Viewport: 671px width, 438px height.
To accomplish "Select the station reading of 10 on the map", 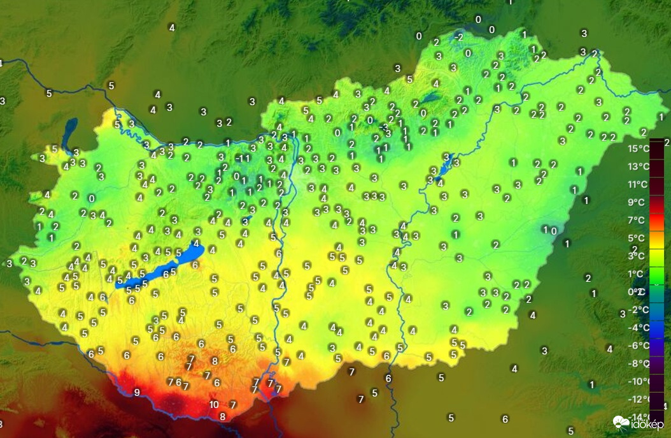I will point(214,404).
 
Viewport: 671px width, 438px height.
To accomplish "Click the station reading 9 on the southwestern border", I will point(136,392).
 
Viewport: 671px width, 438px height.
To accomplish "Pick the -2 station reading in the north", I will point(458,38).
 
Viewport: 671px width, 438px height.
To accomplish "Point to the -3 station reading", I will point(383,126).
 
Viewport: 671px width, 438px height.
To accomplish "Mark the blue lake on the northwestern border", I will point(69,131).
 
